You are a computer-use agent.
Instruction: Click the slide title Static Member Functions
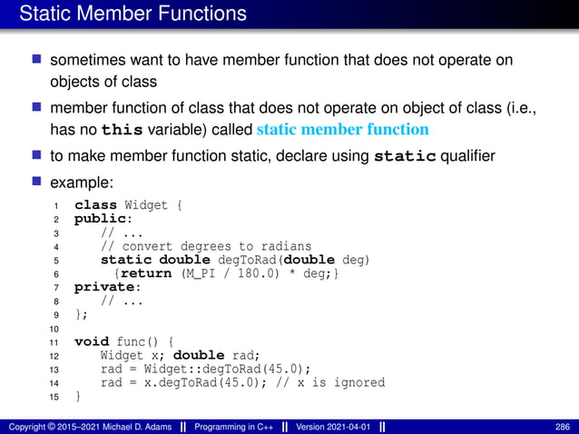click(132, 15)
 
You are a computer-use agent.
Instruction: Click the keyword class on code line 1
click(94, 205)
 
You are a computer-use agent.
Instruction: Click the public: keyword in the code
click(97, 219)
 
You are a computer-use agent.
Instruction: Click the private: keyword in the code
click(101, 287)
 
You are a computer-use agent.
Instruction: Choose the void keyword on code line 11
click(91, 341)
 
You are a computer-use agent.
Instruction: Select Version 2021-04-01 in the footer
click(327, 427)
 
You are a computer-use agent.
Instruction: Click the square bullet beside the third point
click(37, 155)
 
